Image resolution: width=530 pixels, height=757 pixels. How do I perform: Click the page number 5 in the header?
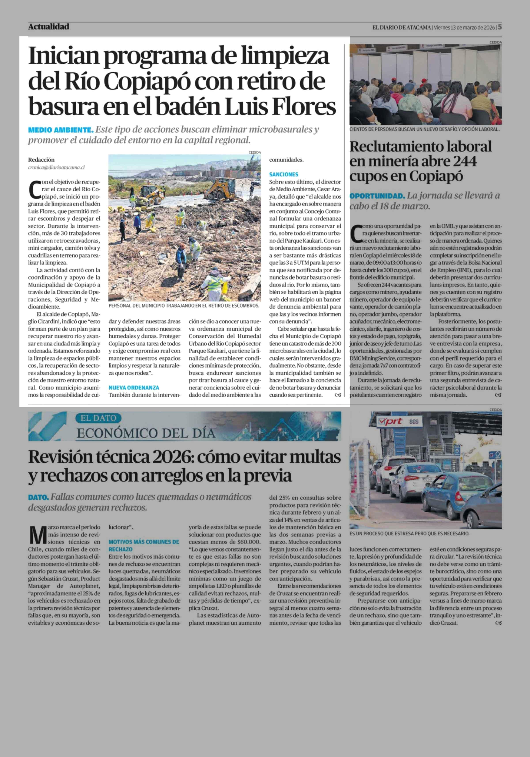pos(500,27)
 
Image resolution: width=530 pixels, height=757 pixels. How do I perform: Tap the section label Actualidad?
pos(49,27)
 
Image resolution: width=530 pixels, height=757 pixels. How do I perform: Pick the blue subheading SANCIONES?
pos(284,174)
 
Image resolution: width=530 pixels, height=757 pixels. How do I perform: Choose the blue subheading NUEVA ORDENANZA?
pos(134,388)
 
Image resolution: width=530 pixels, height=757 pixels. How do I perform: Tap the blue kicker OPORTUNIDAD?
pos(377,196)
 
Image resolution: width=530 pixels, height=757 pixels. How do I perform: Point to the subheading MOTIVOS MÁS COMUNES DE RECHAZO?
pos(144,546)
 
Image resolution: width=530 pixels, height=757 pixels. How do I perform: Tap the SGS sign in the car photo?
pos(414,421)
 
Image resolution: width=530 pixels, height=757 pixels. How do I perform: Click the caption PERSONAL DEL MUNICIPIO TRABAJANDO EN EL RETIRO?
pos(184,306)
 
